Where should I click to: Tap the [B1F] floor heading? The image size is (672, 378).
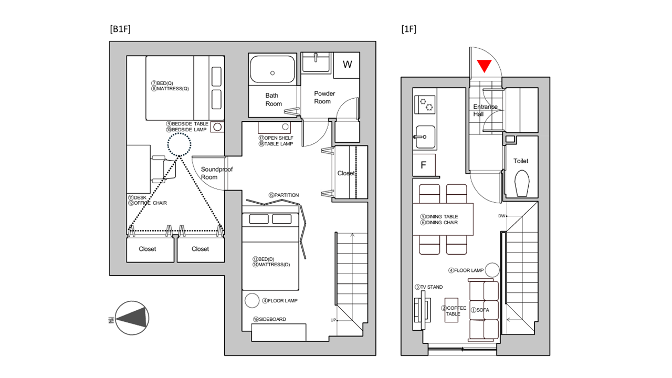[x=120, y=29]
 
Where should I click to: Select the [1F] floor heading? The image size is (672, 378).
[x=409, y=29]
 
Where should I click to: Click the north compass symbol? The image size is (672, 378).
[x=132, y=318]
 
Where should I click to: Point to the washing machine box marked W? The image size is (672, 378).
[x=347, y=65]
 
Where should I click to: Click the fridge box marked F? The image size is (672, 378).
[x=424, y=165]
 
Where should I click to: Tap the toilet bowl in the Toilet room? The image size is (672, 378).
[x=522, y=183]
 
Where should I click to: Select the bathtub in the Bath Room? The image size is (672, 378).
[x=272, y=69]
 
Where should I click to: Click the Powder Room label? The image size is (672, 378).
[x=324, y=98]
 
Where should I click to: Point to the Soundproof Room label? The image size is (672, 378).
[x=217, y=173]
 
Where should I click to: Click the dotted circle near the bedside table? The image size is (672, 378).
[x=179, y=144]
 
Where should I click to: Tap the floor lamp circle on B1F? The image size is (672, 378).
[x=252, y=300]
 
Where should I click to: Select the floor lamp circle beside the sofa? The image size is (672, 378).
[x=492, y=270]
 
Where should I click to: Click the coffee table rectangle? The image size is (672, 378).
[x=451, y=310]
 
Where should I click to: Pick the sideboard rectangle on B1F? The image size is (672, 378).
[x=279, y=332]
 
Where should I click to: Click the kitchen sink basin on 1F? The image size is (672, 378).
[x=426, y=137]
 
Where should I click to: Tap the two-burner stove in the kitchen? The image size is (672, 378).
[x=425, y=104]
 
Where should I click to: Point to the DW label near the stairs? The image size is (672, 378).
[x=502, y=216]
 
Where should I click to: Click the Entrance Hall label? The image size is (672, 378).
[x=485, y=110]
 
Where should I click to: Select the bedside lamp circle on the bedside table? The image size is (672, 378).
[x=217, y=127]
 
